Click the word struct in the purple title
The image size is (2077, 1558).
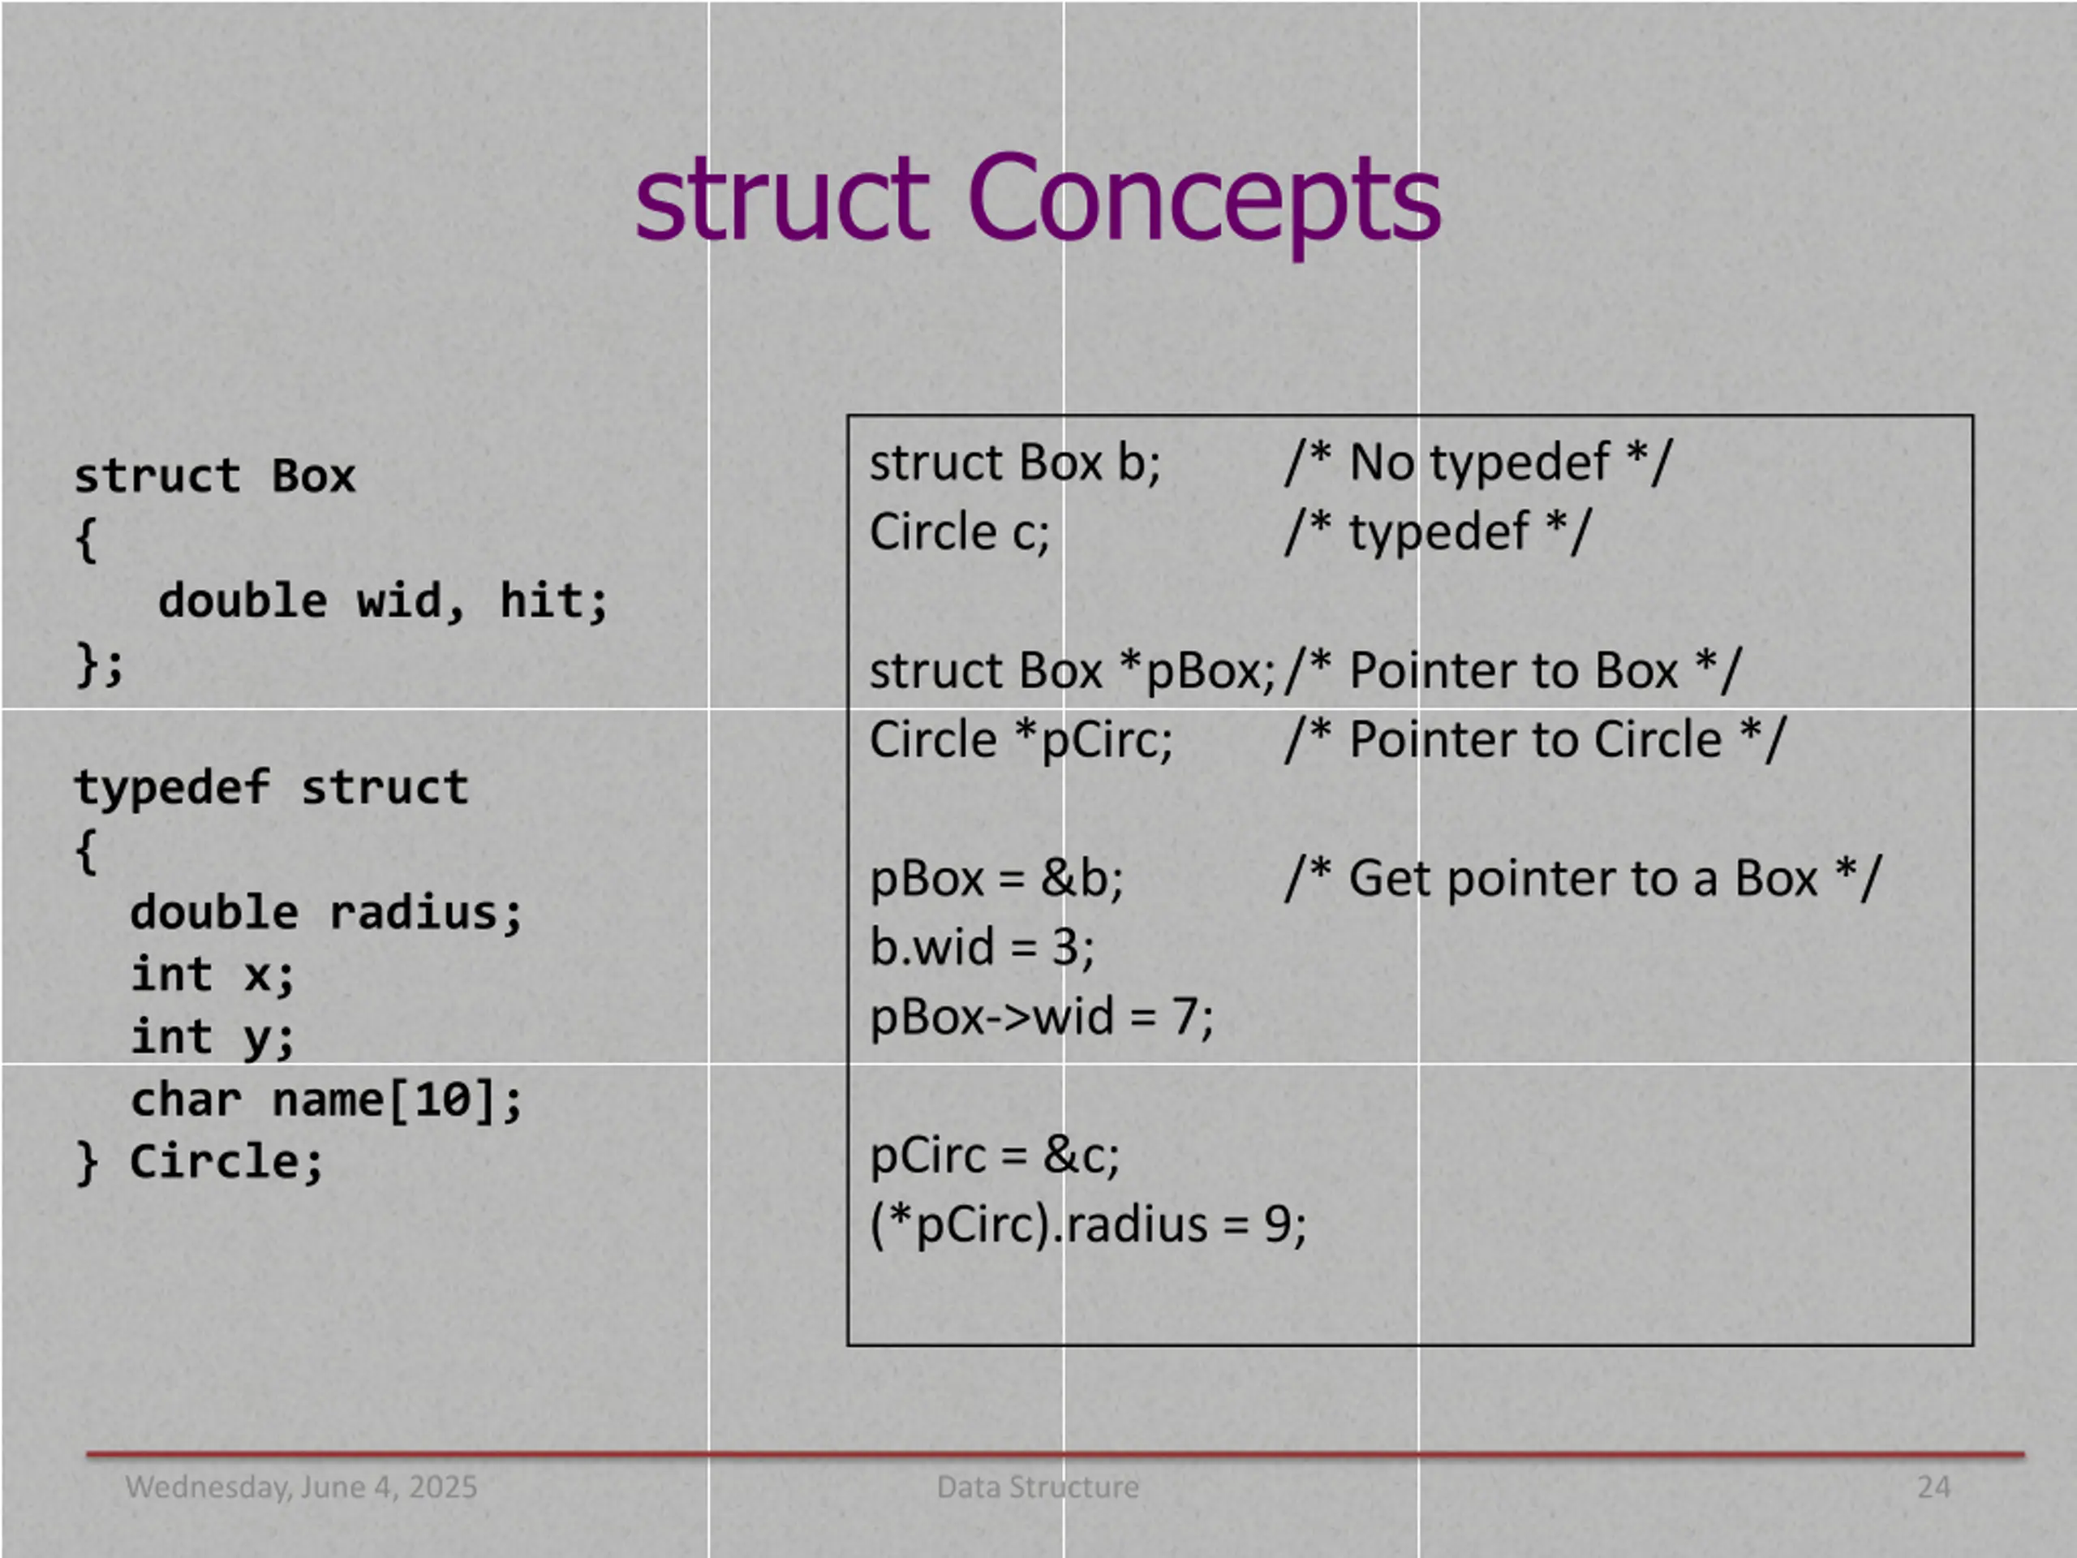[782, 199]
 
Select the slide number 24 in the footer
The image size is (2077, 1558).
[1933, 1487]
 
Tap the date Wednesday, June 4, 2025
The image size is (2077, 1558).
[300, 1487]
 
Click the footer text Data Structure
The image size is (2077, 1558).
[1038, 1487]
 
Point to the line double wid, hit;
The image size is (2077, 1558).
[383, 601]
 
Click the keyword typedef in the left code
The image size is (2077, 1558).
[172, 787]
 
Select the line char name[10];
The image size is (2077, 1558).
[326, 1100]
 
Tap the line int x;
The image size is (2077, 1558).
[213, 975]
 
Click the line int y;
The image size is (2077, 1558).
[213, 1038]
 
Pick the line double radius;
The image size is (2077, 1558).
[326, 913]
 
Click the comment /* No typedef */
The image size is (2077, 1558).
[1478, 463]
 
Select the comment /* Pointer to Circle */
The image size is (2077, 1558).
[1534, 740]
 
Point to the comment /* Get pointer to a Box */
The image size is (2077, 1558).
[1582, 879]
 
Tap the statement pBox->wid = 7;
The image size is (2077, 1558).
[1041, 1016]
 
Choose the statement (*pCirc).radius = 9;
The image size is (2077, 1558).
[1088, 1224]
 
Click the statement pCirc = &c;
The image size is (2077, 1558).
[995, 1156]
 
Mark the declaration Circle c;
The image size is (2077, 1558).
[959, 532]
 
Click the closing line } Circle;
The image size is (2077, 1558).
[199, 1163]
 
